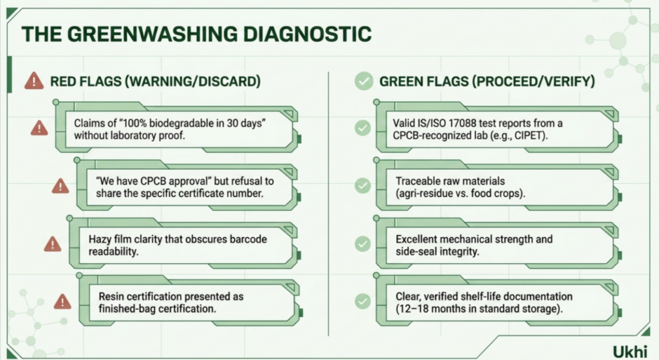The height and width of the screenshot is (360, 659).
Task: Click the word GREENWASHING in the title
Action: pos(153,34)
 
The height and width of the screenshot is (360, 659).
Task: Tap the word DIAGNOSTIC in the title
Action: pos(308,34)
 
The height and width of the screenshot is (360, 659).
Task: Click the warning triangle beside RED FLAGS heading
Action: pos(34,81)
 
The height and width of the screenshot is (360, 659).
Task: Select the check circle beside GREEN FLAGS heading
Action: pos(364,81)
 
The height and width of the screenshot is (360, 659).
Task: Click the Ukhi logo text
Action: pos(629,352)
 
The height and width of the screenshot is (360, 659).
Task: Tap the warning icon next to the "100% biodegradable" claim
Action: pos(39,128)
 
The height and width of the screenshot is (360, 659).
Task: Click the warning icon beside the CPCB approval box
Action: pos(60,186)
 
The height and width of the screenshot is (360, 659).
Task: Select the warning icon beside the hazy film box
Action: pos(53,244)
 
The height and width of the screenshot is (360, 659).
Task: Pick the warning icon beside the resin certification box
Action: pos(62,301)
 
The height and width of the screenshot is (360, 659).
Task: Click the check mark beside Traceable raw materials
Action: pos(363,185)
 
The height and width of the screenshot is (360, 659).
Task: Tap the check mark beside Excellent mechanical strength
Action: pos(363,243)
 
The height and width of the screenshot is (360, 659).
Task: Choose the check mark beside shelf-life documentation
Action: pos(363,301)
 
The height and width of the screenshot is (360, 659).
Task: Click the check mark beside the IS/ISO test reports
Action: pos(363,128)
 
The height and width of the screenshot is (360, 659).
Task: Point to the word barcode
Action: pos(248,239)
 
